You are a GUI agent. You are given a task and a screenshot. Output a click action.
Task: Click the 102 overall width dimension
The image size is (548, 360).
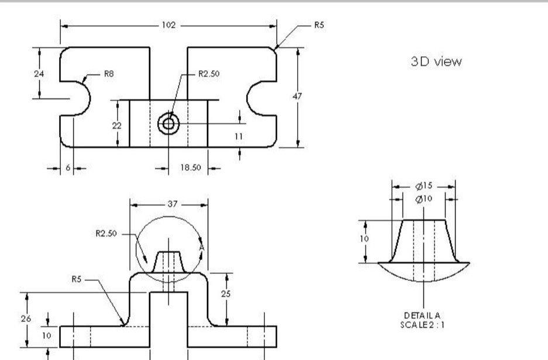tap(168, 26)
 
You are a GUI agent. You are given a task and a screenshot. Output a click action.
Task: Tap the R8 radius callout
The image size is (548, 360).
tap(109, 74)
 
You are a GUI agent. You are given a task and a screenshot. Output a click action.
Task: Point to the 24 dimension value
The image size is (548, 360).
tap(39, 74)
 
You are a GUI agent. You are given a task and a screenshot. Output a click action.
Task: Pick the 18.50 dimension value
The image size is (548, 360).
tap(188, 167)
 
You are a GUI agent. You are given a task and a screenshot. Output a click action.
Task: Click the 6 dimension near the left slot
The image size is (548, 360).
tap(67, 167)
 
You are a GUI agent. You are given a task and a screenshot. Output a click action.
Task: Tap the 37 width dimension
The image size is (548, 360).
tap(168, 205)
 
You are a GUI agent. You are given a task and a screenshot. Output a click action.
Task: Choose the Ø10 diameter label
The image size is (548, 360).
tap(425, 199)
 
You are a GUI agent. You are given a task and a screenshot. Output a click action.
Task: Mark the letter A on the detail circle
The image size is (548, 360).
tap(201, 248)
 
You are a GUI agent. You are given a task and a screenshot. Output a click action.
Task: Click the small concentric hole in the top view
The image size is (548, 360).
tap(169, 124)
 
